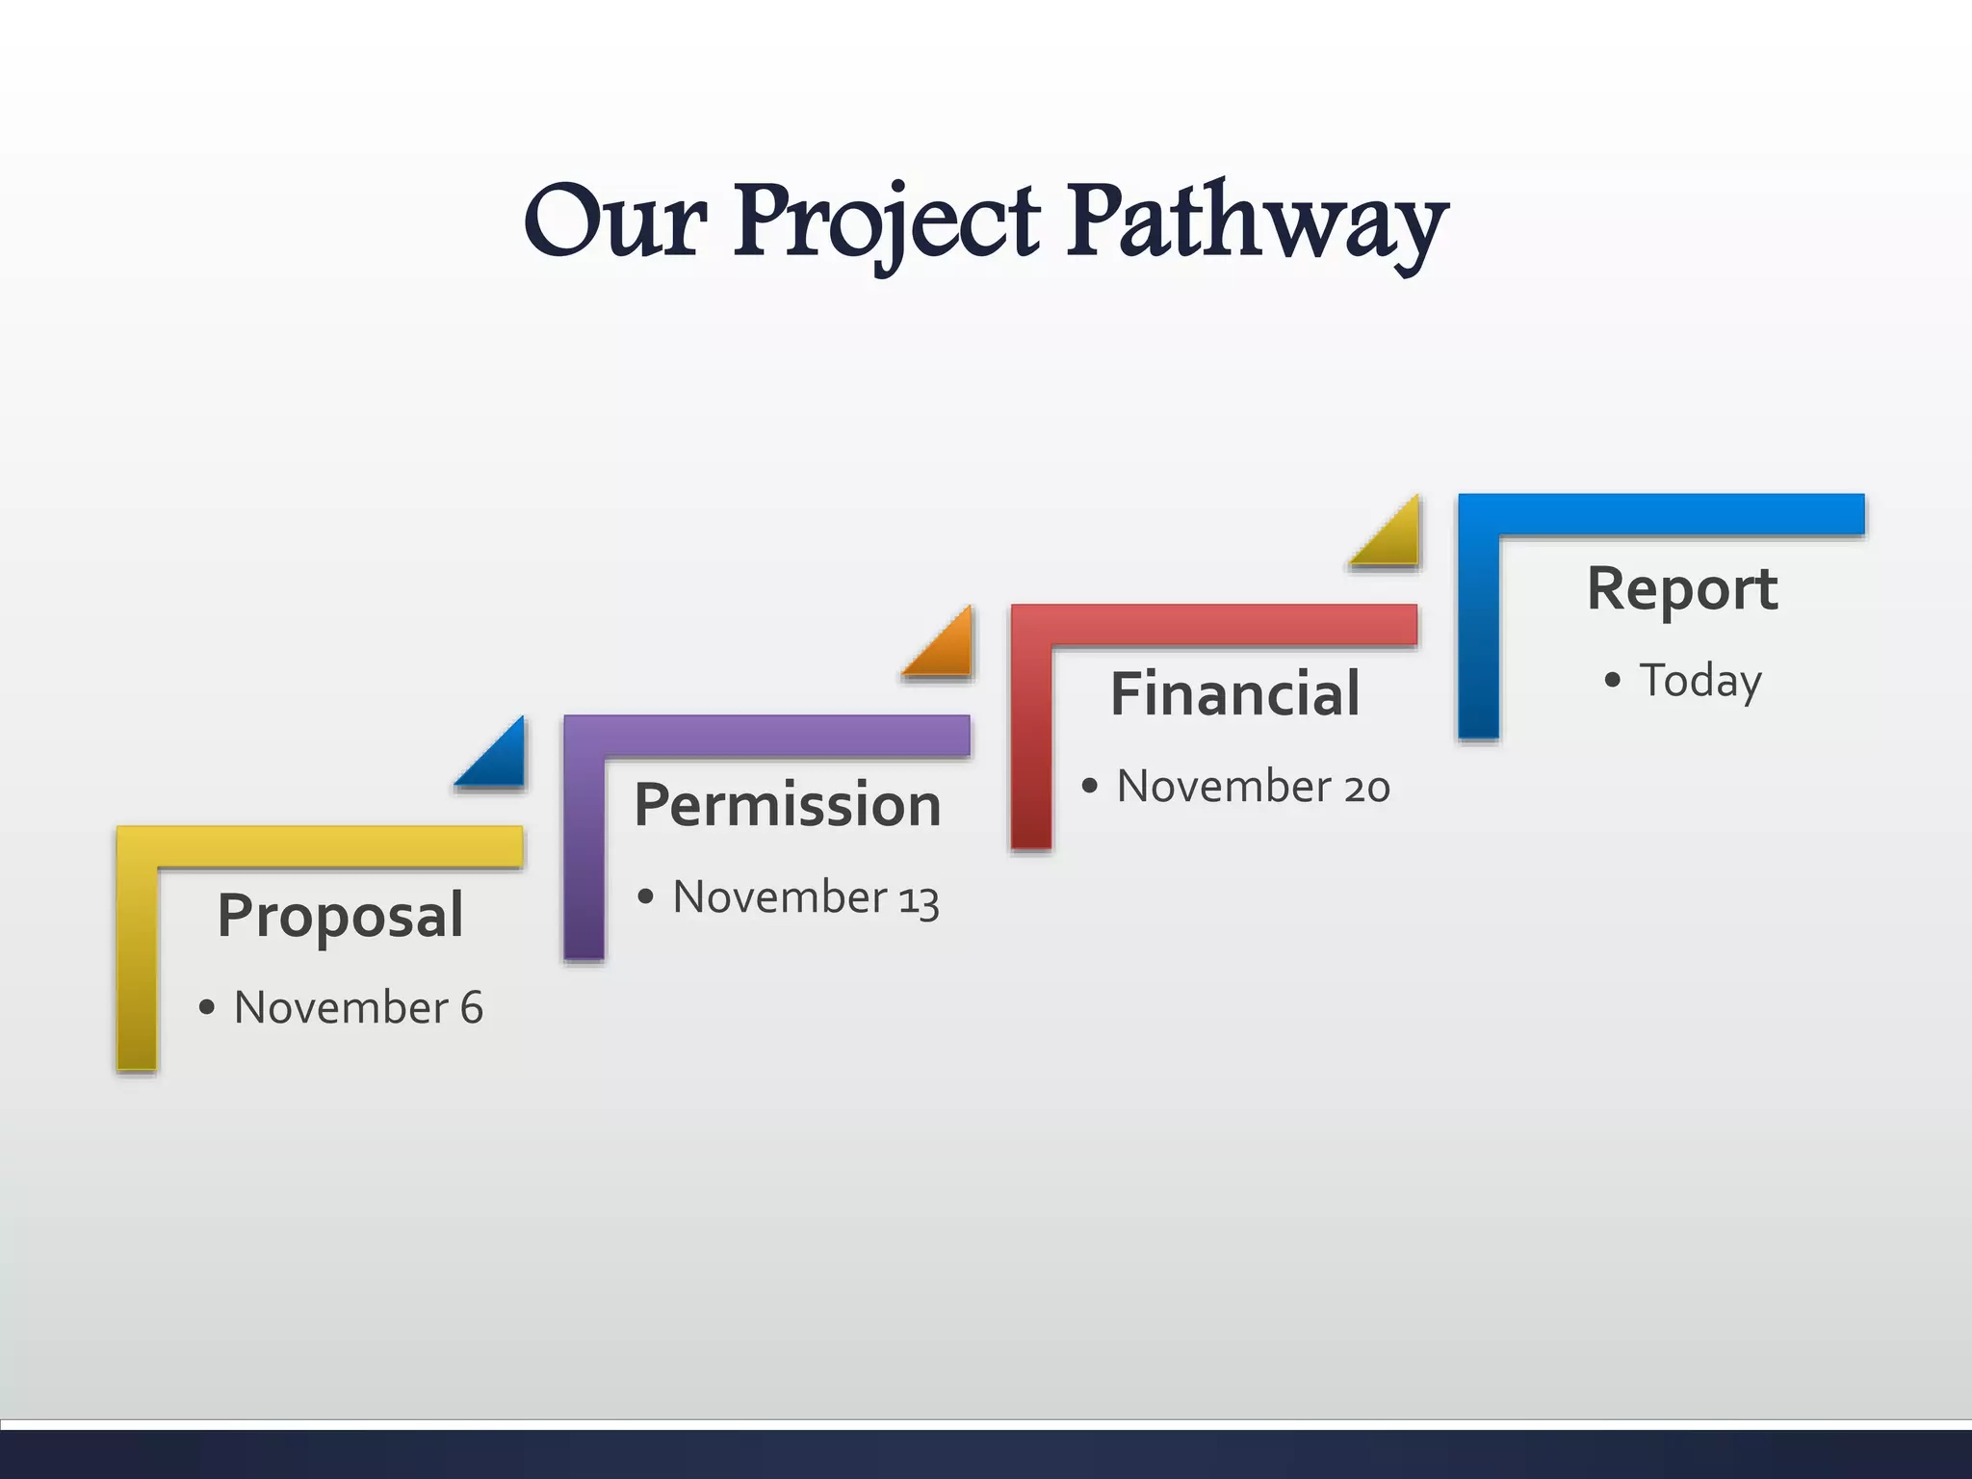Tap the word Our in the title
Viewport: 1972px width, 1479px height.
[x=616, y=223]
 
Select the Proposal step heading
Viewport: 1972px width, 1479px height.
[x=340, y=915]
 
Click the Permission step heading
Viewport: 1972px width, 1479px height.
[x=787, y=805]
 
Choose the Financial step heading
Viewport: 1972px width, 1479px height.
[x=1234, y=694]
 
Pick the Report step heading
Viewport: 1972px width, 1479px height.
[x=1681, y=588]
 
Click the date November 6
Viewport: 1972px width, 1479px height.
[x=358, y=1008]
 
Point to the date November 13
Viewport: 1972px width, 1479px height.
[x=805, y=897]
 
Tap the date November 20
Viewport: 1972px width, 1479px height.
[x=1253, y=787]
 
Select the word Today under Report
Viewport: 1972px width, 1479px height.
[x=1700, y=681]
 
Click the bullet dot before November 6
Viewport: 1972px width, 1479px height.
[x=206, y=1008]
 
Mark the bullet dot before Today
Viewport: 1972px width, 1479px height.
[x=1613, y=681]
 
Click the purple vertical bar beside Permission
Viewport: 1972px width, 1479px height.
[x=584, y=857]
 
